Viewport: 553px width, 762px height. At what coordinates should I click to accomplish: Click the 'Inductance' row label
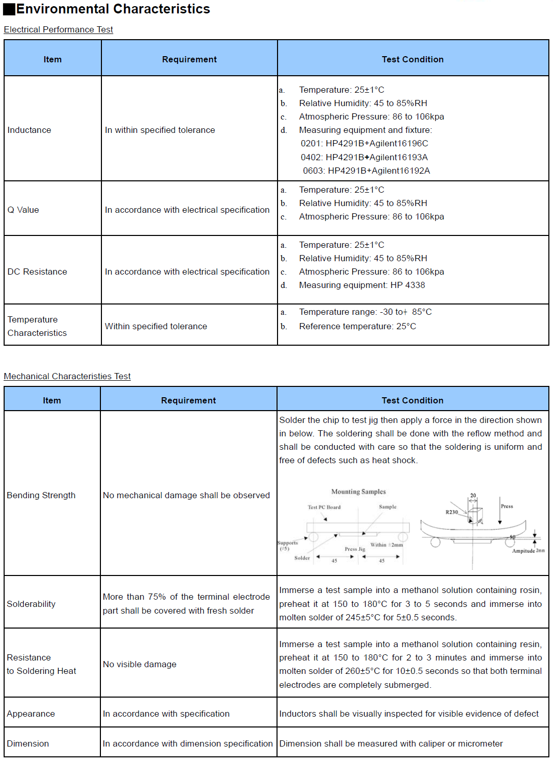tap(29, 130)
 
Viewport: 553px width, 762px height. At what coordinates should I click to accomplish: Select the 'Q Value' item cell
tap(23, 210)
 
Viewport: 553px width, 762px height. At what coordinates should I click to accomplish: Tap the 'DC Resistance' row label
tap(37, 272)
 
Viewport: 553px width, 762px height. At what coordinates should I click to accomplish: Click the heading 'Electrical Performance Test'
tap(58, 29)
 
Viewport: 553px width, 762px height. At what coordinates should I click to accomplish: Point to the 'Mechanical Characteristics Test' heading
tap(67, 376)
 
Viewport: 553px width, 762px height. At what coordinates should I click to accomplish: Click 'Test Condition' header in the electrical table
tap(412, 59)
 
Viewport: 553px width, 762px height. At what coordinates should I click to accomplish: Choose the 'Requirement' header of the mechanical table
tap(188, 400)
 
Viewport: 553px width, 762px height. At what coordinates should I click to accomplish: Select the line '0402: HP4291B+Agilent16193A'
tap(364, 157)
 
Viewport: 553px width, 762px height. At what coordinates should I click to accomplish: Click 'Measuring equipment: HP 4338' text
tap(362, 285)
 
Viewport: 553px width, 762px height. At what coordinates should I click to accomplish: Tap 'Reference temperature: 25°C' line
tap(357, 326)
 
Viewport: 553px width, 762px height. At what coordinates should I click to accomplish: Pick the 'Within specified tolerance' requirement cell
tap(156, 326)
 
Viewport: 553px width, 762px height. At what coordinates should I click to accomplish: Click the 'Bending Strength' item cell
tap(41, 495)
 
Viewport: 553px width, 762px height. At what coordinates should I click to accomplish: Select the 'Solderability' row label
tap(31, 604)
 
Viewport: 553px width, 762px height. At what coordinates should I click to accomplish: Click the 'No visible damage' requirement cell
tap(140, 664)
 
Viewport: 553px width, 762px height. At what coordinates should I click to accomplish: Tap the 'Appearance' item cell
tap(31, 714)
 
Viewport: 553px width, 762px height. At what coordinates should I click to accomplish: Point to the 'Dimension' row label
tap(28, 743)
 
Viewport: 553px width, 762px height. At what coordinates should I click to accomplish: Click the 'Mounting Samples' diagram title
tap(358, 492)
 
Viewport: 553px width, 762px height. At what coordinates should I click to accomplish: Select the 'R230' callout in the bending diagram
tap(452, 512)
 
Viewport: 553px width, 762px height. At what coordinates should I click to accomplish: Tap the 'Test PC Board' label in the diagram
tap(324, 507)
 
